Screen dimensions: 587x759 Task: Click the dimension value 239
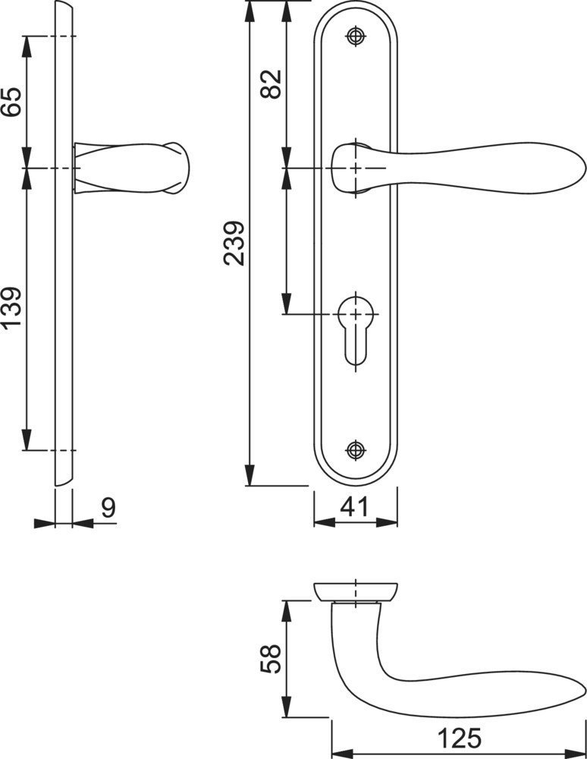[234, 243]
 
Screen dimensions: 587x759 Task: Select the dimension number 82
[271, 84]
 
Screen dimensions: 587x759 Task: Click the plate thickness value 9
[108, 507]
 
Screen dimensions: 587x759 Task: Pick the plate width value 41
[354, 507]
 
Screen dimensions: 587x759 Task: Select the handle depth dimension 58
[271, 658]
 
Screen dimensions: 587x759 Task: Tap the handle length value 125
[460, 739]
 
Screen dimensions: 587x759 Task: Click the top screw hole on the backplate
[356, 36]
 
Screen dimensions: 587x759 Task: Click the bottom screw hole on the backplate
[356, 449]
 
